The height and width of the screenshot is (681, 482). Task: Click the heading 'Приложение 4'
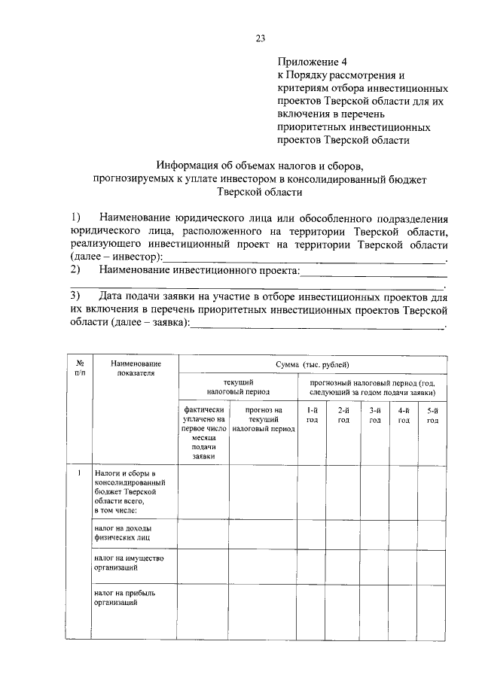pyautogui.click(x=310, y=62)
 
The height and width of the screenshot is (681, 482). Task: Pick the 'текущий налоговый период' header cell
pyautogui.click(x=238, y=387)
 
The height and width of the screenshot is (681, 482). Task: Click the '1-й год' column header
pyautogui.click(x=312, y=415)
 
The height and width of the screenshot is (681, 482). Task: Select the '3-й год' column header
pyautogui.click(x=374, y=415)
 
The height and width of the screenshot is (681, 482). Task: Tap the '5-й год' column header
pyautogui.click(x=432, y=415)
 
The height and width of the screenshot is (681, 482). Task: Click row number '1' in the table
pyautogui.click(x=80, y=473)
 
